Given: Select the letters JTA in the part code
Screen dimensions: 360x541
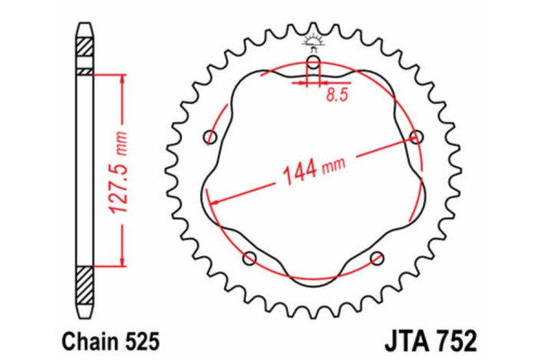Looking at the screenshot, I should click(x=402, y=338).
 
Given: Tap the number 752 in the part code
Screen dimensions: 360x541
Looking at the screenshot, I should click(x=454, y=338).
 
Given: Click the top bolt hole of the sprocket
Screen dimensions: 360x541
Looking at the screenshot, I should click(x=314, y=63).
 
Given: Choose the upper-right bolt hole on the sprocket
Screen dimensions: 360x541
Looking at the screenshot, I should click(x=417, y=137).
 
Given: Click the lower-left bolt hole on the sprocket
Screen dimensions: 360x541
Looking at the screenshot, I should click(x=249, y=259).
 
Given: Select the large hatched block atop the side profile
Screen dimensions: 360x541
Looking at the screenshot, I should click(x=84, y=54).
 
